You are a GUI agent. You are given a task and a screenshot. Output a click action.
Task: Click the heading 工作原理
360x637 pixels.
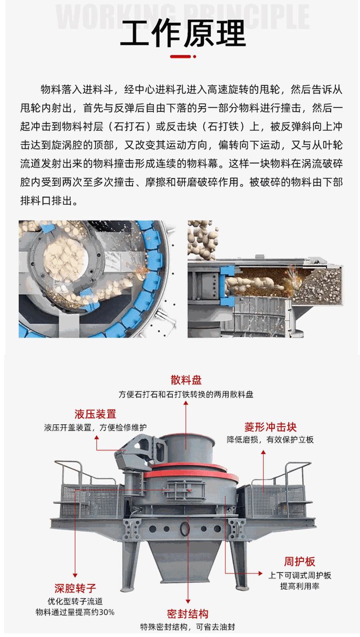pyautogui.click(x=183, y=33)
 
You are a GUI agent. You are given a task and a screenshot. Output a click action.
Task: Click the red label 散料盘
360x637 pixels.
pyautogui.click(x=186, y=380)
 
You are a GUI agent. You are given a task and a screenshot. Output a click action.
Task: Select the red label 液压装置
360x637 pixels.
pyautogui.click(x=95, y=414)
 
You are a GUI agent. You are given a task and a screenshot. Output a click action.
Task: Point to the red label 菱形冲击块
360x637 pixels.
pyautogui.click(x=270, y=427)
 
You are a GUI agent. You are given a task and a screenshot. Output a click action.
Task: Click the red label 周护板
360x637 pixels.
pyautogui.click(x=299, y=561)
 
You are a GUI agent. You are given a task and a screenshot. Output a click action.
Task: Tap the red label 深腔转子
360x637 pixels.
pyautogui.click(x=75, y=588)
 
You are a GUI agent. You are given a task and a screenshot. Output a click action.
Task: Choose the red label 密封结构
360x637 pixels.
pyautogui.click(x=187, y=614)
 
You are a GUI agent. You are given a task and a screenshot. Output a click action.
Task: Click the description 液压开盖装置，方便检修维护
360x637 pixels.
pyautogui.click(x=95, y=427)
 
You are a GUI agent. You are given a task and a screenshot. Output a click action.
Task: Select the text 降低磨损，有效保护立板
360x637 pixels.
pyautogui.click(x=270, y=440)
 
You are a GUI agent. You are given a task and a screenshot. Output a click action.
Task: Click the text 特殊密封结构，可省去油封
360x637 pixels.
pyautogui.click(x=187, y=627)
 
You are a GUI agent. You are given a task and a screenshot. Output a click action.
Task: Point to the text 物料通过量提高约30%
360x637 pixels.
pyautogui.click(x=75, y=612)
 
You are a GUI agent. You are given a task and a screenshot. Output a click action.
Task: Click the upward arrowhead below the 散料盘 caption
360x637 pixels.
pyautogui.click(x=186, y=403)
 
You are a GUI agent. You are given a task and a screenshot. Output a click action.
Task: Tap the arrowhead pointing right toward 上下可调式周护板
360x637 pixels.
pyautogui.click(x=260, y=573)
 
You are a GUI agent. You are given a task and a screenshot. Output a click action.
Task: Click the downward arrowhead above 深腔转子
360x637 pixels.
pyautogui.click(x=75, y=575)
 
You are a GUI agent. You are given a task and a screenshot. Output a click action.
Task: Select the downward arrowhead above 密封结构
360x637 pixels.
pyautogui.click(x=188, y=601)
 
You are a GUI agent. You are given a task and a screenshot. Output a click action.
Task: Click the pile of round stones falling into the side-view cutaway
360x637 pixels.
pyautogui.click(x=202, y=239)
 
